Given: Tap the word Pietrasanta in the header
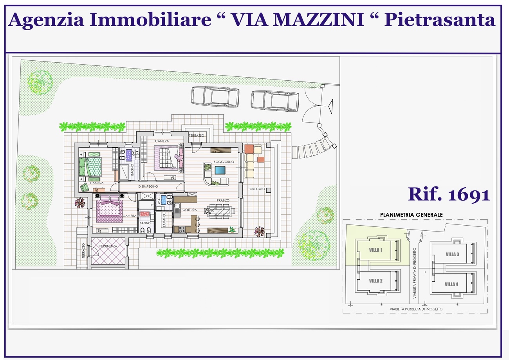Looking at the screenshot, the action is [439, 20].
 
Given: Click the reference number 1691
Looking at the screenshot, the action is [469, 195].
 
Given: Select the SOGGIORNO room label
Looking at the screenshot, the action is [224, 162].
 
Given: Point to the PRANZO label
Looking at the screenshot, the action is [223, 201].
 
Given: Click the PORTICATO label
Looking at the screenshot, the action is [256, 189].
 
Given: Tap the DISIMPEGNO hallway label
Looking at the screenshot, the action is [148, 186].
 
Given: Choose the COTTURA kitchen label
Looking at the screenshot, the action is [190, 210].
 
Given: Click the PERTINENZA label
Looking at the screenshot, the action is [108, 246].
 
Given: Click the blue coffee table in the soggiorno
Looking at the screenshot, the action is [220, 170].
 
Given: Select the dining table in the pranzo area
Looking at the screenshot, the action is [220, 212].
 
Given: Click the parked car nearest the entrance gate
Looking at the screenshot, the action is [275, 101].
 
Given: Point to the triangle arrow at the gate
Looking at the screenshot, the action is [331, 107].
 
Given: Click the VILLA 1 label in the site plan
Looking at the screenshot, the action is [375, 250].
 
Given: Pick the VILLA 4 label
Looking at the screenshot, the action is [451, 284].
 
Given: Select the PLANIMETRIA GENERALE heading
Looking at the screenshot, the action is [411, 215].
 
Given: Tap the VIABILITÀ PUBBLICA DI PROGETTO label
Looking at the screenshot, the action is [416, 309].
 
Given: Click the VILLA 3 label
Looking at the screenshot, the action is [452, 254].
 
